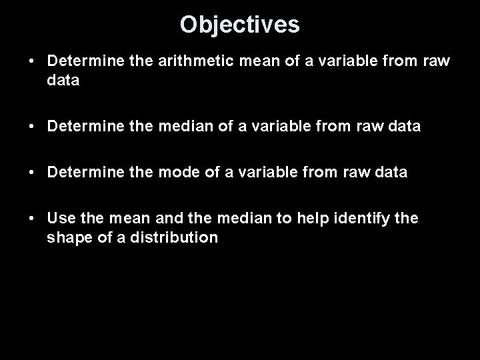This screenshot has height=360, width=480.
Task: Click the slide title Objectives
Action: pos(240,25)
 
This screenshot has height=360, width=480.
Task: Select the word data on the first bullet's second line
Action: pos(63,81)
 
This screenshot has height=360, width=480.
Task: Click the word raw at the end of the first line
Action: pos(437,61)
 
